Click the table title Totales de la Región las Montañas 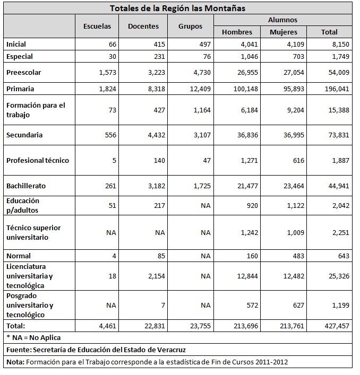click(177, 8)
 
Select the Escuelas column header click(97, 26)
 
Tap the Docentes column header click(143, 26)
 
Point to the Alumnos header click(282, 20)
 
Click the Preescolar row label click(24, 72)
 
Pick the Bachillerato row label click(26, 186)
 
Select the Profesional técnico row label click(38, 160)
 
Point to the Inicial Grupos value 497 click(204, 45)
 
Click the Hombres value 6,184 click(248, 109)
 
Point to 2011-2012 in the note click(272, 362)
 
